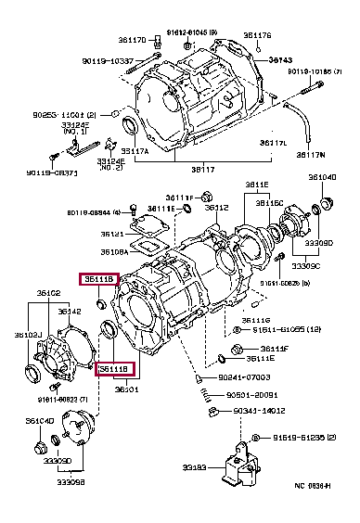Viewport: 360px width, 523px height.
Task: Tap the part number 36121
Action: click(x=112, y=234)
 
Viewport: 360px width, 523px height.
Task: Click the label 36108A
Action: click(x=114, y=251)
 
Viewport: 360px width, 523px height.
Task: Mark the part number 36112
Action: click(x=216, y=208)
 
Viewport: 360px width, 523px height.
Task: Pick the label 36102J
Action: click(x=26, y=336)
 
